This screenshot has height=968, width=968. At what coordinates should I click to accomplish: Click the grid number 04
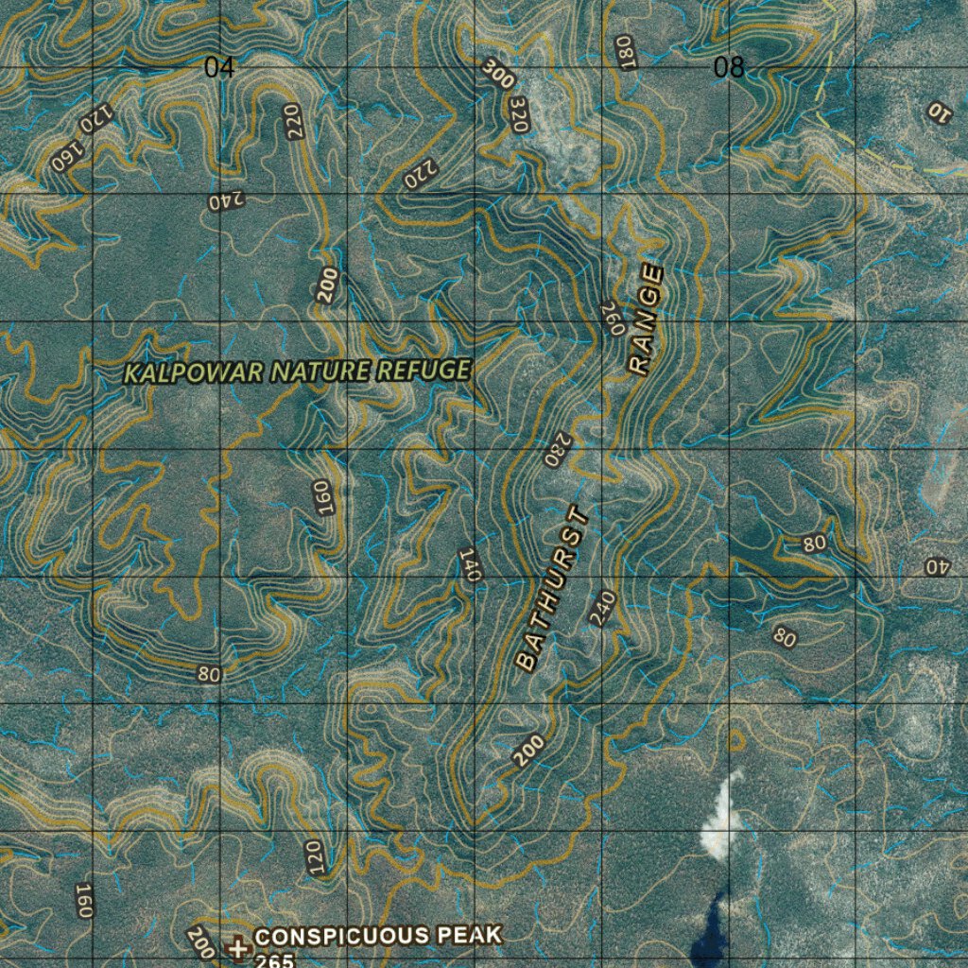pos(219,68)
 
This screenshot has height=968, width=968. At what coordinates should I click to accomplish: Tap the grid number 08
pos(729,68)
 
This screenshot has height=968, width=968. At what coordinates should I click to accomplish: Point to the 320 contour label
pos(517,113)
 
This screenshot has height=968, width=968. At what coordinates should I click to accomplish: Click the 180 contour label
pos(624,52)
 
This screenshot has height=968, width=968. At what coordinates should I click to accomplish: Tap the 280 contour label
pos(558,450)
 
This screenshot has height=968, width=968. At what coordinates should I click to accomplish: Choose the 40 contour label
pos(936,567)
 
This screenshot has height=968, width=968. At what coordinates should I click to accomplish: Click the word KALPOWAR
pos(194,372)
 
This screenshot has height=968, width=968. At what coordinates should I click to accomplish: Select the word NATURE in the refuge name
pos(320,372)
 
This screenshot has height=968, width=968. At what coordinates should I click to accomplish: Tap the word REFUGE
pos(422,370)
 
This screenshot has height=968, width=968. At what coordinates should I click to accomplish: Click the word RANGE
pos(647,320)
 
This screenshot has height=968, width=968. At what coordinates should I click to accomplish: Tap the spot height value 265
pos(268,959)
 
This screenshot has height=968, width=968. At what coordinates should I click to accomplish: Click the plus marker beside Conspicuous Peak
pos(238,946)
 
